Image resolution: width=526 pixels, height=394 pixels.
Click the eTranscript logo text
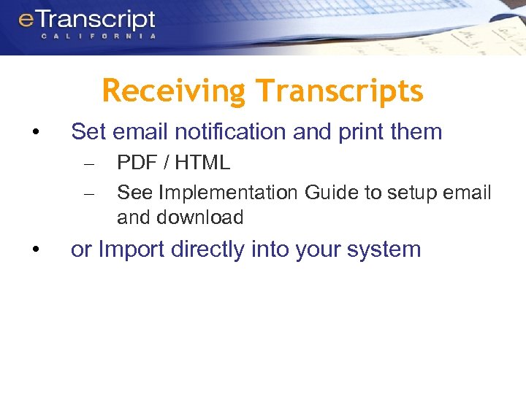tap(87, 20)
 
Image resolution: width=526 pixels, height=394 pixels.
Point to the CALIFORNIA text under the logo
tap(98, 36)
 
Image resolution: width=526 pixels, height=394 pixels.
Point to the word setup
tap(412, 193)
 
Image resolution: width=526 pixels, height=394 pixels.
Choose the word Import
tap(131, 250)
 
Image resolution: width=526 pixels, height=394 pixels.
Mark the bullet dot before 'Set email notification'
tap(34, 133)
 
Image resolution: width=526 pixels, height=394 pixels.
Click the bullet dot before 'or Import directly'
tap(34, 250)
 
